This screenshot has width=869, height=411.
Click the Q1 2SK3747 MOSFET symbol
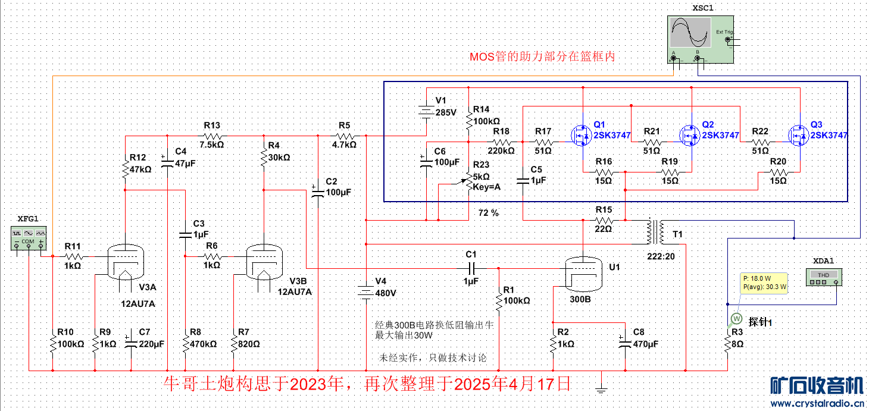(580, 136)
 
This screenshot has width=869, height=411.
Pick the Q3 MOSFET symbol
(798, 136)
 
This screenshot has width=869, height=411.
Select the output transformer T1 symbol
(657, 232)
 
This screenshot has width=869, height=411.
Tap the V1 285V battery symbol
(427, 111)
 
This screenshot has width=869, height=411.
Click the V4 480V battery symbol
(366, 292)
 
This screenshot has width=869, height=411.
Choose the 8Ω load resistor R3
(728, 343)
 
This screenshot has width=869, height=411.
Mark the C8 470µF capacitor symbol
(624, 343)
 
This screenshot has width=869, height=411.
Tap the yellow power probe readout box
(764, 283)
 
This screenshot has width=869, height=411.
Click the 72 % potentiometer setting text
(488, 212)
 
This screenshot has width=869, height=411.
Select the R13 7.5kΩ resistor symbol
(212, 136)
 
